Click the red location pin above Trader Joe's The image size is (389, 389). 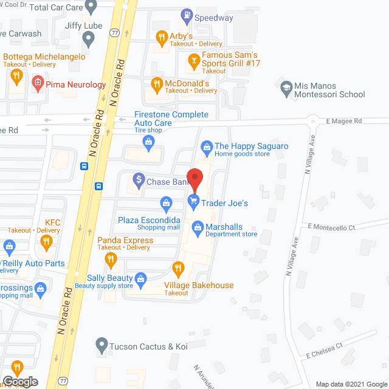[194, 178]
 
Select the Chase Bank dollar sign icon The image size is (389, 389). [139, 180]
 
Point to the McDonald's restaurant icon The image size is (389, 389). [156, 84]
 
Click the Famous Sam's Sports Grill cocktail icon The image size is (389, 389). [193, 60]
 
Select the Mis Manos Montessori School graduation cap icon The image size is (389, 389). [286, 86]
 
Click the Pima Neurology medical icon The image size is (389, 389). [38, 83]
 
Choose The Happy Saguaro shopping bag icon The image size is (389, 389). [207, 146]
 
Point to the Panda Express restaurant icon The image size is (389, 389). [111, 261]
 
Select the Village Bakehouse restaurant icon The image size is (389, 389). [178, 267]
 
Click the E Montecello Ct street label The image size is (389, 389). [331, 227]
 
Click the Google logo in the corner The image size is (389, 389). [19, 381]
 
